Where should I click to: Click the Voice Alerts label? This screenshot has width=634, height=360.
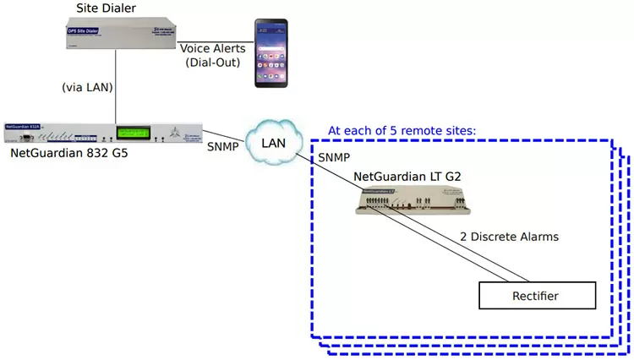[x=212, y=49]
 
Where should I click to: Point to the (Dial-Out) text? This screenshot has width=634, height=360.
[x=213, y=63]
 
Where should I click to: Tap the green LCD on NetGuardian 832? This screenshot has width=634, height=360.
[x=139, y=134]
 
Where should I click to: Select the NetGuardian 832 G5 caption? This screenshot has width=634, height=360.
[x=69, y=155]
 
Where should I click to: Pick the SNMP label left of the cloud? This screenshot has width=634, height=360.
[x=221, y=145]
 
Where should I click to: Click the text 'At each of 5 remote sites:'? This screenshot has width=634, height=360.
[x=402, y=131]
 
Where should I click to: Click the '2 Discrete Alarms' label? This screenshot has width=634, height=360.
[x=509, y=237]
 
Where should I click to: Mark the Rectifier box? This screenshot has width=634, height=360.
[x=536, y=296]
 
